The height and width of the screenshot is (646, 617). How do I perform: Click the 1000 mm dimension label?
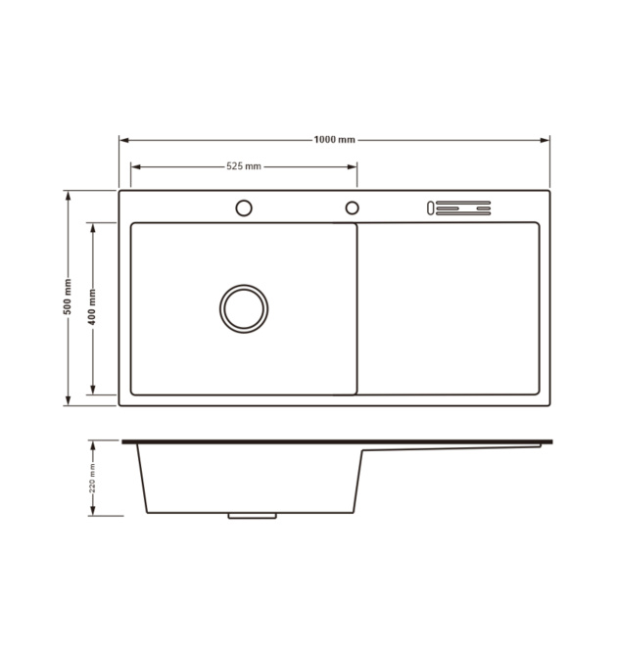[x=334, y=140]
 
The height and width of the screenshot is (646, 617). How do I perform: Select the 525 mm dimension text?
[x=244, y=166]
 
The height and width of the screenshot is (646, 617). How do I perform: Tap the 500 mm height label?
[x=68, y=297]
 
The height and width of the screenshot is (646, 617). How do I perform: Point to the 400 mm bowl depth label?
[x=92, y=307]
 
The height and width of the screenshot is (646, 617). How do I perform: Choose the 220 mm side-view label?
[x=92, y=479]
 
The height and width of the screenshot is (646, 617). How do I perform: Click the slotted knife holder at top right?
[x=458, y=208]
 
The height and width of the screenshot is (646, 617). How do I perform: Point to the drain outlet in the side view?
[x=253, y=516]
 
